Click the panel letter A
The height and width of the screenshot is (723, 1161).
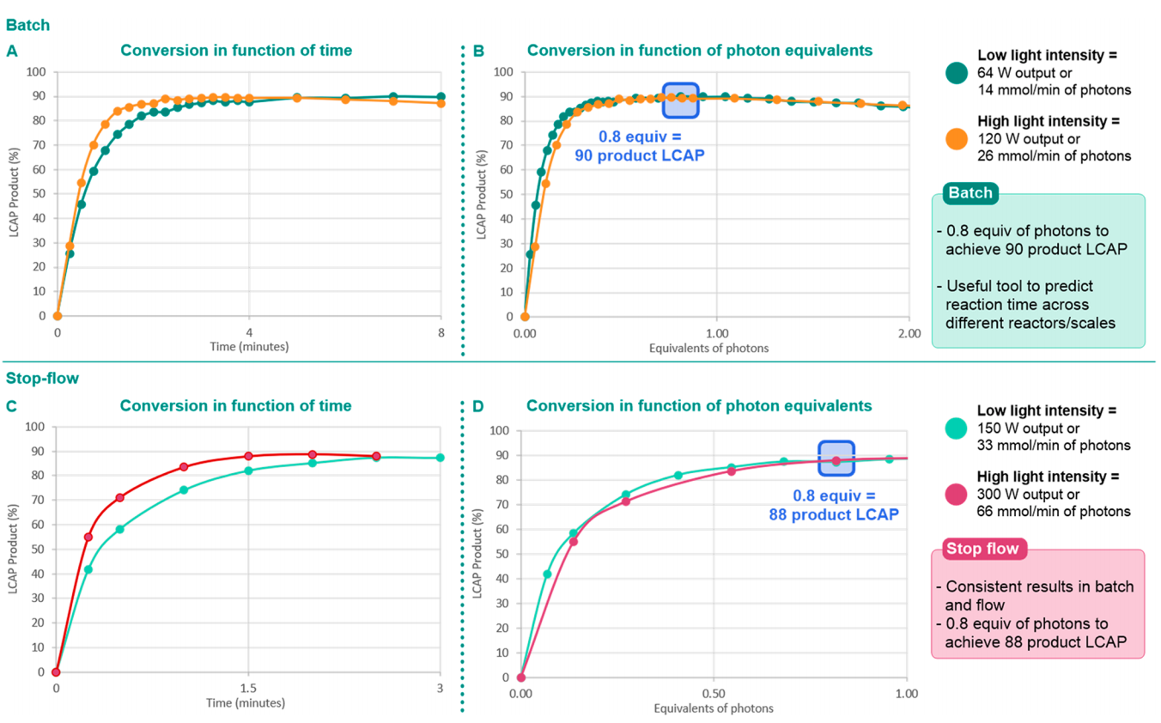(11, 51)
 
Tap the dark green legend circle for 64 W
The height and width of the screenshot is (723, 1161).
(955, 72)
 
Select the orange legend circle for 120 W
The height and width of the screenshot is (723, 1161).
(955, 137)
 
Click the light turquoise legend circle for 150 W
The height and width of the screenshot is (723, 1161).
(955, 427)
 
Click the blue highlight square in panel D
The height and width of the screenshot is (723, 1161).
(836, 459)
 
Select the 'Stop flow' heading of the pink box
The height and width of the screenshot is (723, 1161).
(982, 549)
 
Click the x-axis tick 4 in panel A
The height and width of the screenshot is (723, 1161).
(249, 332)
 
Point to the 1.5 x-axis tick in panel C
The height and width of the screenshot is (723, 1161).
(248, 689)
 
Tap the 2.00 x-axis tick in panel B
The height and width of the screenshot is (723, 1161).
(908, 332)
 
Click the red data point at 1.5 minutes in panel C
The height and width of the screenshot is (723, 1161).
(248, 456)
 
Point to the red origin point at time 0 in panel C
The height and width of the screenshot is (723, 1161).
(56, 671)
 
